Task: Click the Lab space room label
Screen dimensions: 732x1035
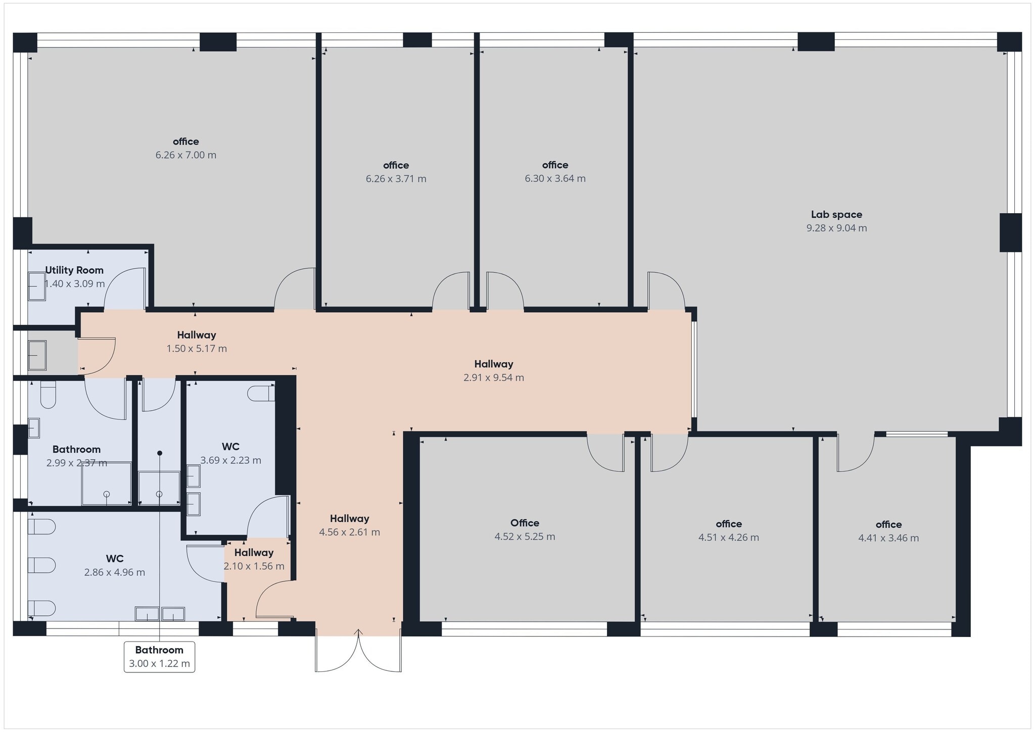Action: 836,215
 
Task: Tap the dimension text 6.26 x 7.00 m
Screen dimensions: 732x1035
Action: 185,155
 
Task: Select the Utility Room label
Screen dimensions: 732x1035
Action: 74,270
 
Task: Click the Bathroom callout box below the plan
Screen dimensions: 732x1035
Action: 159,657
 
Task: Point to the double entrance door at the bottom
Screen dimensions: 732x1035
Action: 358,652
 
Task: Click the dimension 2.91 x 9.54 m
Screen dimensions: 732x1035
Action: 493,378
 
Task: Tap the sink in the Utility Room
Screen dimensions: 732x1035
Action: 36,286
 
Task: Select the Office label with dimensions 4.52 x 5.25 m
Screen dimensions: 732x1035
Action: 525,523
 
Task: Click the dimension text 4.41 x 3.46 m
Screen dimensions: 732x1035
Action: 888,539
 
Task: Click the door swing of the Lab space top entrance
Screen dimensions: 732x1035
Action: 666,290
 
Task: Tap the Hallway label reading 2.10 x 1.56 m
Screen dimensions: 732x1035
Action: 254,553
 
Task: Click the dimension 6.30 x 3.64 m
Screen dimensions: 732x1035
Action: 555,179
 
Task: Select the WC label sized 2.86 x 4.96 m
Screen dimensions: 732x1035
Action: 115,559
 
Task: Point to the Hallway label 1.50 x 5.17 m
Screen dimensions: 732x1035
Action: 196,335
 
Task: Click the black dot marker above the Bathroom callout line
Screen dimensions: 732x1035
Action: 159,453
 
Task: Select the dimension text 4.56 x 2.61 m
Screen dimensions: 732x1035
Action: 349,532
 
